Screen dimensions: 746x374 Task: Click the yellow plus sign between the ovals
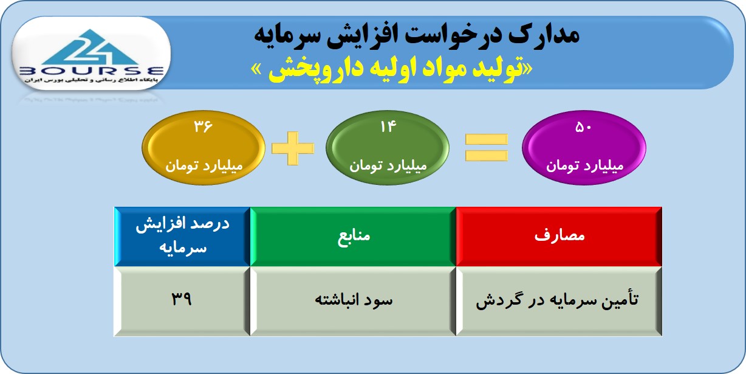coord(293,148)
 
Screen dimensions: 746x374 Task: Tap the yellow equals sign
coord(486,148)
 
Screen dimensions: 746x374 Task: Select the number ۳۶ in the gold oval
coord(203,126)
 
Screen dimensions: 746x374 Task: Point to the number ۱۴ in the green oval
coord(388,126)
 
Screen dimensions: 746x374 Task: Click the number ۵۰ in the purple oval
coord(583,127)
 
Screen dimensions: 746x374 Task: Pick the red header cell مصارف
coord(559,237)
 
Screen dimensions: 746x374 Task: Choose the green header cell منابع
coord(353,237)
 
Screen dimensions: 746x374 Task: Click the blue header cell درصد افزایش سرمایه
coord(182,237)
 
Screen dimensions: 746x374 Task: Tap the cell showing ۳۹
coord(182,301)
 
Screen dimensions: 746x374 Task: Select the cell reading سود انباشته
coord(353,301)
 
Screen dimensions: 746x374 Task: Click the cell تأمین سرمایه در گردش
coord(559,301)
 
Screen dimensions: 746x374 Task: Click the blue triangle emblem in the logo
coord(90,47)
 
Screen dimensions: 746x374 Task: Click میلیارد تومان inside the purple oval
coord(584,165)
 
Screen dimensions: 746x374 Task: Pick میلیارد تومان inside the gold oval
coord(204,165)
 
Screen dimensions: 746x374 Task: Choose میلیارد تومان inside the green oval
coord(388,165)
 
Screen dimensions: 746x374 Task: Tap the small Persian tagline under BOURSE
coord(91,80)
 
